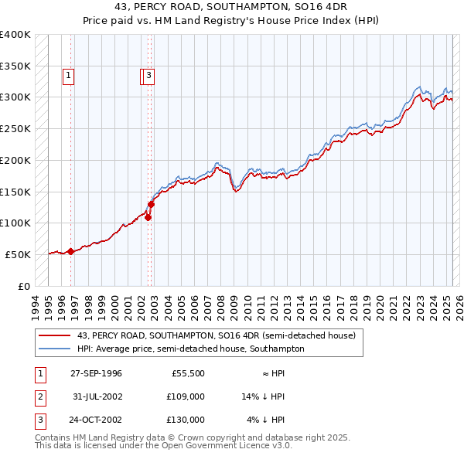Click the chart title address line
pyautogui.click(x=231, y=7)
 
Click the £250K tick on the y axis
pyautogui.click(x=15, y=128)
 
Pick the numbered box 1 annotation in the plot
pyautogui.click(x=69, y=76)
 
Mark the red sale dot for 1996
pyautogui.click(x=70, y=250)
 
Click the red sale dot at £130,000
pyautogui.click(x=152, y=204)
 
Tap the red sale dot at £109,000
pyautogui.click(x=148, y=217)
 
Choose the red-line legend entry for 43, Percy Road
pyautogui.click(x=216, y=335)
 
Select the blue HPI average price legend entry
pyautogui.click(x=190, y=349)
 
